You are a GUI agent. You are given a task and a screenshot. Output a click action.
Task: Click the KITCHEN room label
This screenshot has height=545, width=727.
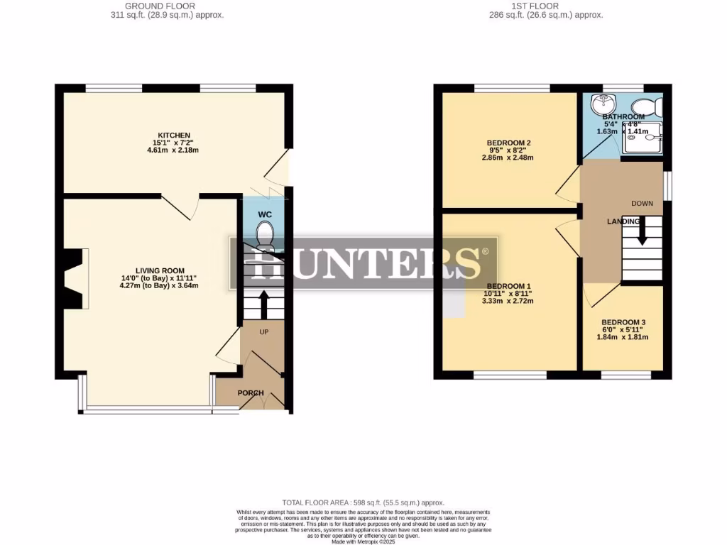(174, 136)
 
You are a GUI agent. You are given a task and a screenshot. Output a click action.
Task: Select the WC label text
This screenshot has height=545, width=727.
(264, 214)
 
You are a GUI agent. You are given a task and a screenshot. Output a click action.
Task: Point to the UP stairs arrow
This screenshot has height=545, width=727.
(263, 304)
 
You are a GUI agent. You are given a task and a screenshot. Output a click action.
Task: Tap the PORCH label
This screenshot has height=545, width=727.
(251, 393)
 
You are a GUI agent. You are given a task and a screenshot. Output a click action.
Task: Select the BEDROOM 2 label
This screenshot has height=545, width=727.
(508, 143)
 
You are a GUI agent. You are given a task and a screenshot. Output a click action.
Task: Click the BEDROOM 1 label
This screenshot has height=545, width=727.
(508, 286)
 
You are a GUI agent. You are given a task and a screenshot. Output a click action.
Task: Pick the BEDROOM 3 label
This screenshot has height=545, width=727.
(623, 322)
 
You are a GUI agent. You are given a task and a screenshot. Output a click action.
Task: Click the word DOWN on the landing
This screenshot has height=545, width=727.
(642, 204)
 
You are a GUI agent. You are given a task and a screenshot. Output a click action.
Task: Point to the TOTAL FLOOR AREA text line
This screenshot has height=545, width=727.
(363, 502)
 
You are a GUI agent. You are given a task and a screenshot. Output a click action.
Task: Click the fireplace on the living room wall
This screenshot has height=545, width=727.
(73, 279)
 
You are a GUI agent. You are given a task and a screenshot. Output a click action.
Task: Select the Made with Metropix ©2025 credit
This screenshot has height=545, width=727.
(363, 541)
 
